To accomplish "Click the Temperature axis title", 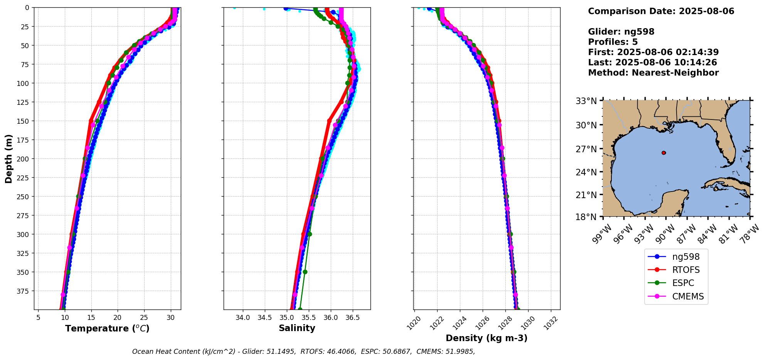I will coord(107,328).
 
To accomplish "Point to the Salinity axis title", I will coord(297,328).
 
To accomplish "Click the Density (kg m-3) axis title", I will coord(487,338).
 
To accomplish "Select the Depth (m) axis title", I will coord(8,158).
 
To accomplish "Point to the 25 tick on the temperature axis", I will coord(144,318).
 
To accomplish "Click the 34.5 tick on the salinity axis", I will coord(264,318).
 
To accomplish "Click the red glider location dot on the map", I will coord(663,153).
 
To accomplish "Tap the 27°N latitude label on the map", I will coord(586,149).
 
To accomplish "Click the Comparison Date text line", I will coord(661,11).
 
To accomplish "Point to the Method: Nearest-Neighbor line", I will coord(653,73).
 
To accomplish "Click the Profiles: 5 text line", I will coord(613,42).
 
